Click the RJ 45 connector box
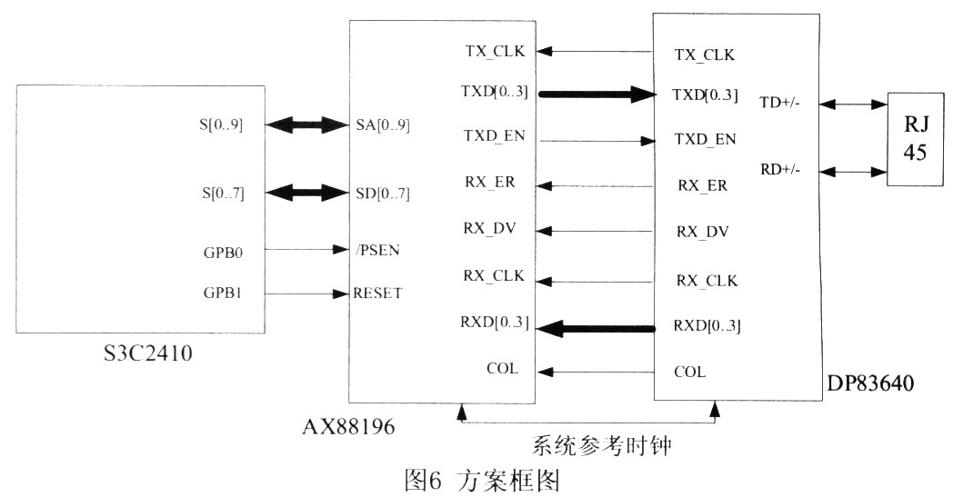coord(914,139)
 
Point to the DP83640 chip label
coord(871,386)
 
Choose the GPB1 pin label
coord(221,293)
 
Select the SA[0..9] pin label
coord(384,125)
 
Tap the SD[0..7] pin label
coord(384,192)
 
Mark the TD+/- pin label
coord(779,104)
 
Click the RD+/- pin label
coord(779,170)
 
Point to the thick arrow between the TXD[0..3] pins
coord(597,93)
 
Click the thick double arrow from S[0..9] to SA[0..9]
coord(308,125)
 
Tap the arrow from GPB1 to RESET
coord(308,293)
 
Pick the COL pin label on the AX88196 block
coord(502,368)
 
